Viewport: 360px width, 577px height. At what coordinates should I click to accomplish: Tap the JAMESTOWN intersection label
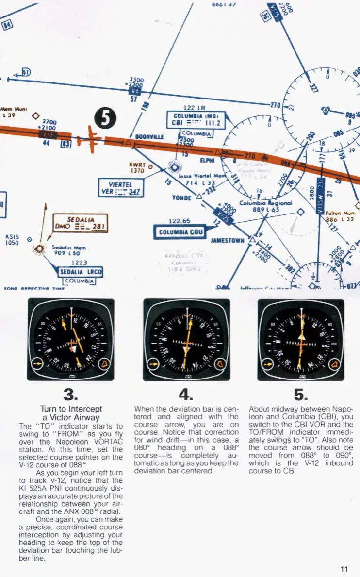228,240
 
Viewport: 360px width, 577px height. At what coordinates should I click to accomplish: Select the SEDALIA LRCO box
80,272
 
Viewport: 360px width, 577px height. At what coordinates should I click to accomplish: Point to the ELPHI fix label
207,158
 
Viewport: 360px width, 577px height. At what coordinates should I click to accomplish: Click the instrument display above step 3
71,339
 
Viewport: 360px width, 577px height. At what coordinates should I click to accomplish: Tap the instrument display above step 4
186,339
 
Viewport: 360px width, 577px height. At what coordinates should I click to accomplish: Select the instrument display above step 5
301,339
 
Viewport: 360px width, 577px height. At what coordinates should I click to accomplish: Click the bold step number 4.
186,393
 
